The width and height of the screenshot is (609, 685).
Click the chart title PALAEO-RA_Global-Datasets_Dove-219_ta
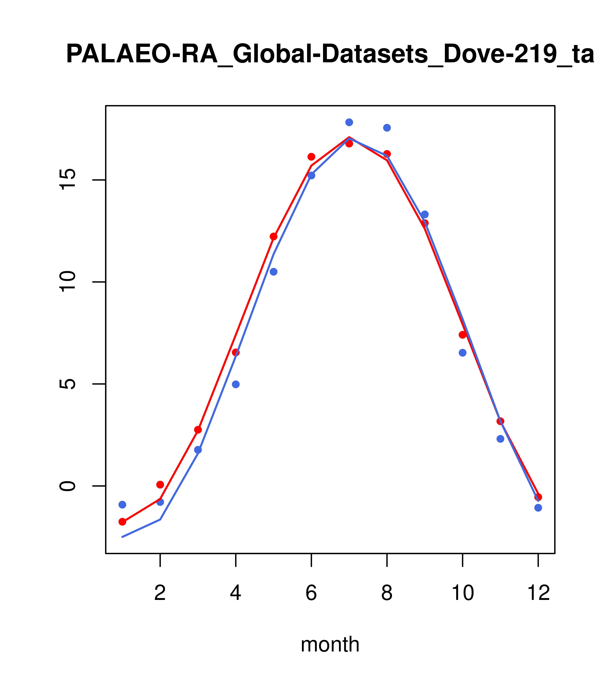(x=330, y=54)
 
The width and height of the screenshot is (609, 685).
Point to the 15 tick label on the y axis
(x=68, y=180)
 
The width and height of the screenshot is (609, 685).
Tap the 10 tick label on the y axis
(x=68, y=282)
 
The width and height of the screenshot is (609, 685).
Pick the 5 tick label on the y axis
(x=68, y=384)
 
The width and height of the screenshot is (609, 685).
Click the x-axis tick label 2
(x=160, y=593)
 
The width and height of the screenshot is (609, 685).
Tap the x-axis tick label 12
(x=538, y=593)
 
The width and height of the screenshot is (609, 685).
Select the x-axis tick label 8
(x=387, y=593)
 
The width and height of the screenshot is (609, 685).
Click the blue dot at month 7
(x=349, y=122)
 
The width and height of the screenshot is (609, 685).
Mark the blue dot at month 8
(x=387, y=128)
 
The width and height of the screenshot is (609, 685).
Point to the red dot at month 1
(x=122, y=522)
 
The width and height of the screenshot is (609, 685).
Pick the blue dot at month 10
(x=462, y=353)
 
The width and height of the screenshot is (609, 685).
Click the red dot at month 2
(x=160, y=485)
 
